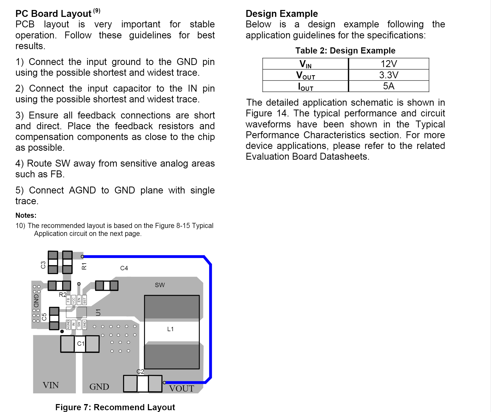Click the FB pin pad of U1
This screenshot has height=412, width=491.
(x=68, y=300)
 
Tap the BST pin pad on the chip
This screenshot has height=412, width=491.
(x=84, y=300)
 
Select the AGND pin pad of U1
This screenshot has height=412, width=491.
(x=68, y=324)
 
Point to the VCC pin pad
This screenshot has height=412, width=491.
(x=74, y=300)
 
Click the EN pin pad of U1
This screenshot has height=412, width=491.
(x=79, y=300)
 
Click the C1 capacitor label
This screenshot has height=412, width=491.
(x=81, y=344)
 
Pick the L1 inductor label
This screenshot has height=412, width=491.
(x=170, y=329)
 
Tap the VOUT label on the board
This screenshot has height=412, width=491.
(x=182, y=388)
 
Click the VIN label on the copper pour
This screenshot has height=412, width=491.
(x=51, y=385)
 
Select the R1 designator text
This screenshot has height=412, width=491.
(x=84, y=266)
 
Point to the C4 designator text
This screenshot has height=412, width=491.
(x=124, y=268)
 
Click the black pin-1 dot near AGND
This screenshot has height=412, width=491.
(x=62, y=331)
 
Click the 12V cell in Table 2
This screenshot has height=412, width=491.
(x=389, y=64)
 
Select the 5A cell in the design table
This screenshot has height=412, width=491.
(x=389, y=86)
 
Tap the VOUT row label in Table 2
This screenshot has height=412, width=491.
(x=305, y=75)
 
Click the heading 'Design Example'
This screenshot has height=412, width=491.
(x=282, y=14)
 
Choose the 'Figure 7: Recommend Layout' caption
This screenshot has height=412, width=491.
(x=115, y=407)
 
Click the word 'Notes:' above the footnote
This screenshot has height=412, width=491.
(x=26, y=215)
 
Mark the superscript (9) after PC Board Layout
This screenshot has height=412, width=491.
(x=97, y=11)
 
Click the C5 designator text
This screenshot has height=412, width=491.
(x=44, y=317)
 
